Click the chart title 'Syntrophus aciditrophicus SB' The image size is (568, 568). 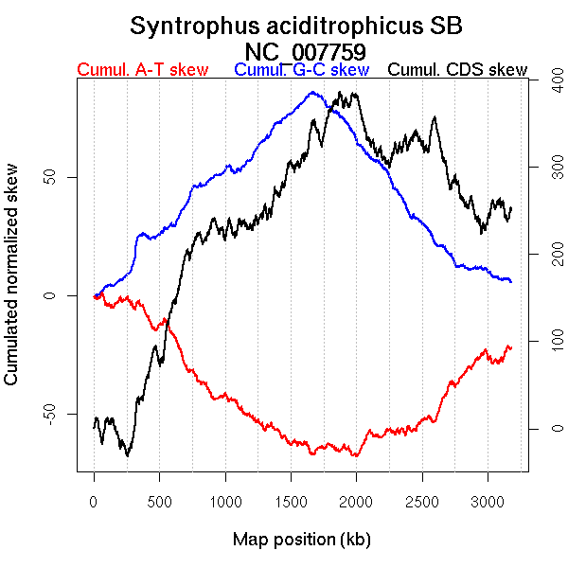pos(296,26)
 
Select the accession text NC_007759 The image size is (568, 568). pos(305,51)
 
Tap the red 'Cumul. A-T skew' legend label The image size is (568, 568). pos(143,70)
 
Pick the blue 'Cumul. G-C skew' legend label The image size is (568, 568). pos(301,70)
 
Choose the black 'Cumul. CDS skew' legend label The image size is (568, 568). pos(458,70)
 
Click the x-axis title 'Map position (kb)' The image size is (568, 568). pos(301,540)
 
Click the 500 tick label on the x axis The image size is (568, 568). pos(159,501)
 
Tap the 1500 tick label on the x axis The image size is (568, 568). pos(291,501)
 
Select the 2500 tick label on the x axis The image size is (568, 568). pos(422,501)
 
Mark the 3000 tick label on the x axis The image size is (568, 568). pos(488,501)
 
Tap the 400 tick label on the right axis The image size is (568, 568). pos(544,82)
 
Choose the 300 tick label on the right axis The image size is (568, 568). pos(544,169)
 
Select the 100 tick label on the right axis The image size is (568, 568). pos(544,342)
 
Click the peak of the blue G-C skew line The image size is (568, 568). pos(313,92)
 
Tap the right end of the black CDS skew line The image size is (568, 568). pos(511,207)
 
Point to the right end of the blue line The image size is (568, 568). pos(511,282)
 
